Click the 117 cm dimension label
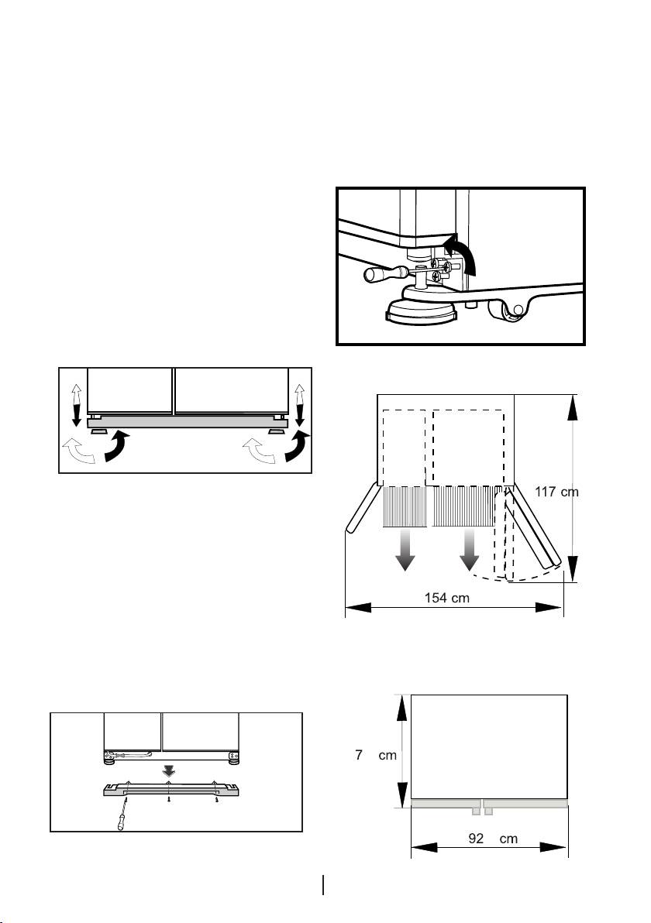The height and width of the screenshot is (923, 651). point(557,491)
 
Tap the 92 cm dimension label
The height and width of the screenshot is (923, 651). point(488,839)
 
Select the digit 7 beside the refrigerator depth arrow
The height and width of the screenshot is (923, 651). point(360,755)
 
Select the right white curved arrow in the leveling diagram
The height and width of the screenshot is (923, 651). point(257,450)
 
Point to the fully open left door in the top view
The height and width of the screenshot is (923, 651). point(362,510)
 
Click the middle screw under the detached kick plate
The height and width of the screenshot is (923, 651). point(170,802)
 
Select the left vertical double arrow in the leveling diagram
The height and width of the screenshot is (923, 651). point(75,406)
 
